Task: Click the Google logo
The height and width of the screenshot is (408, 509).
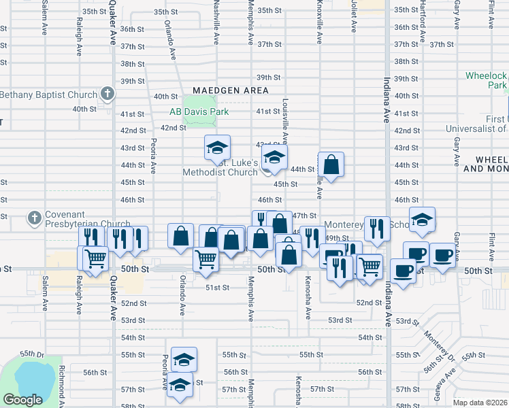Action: [22, 400]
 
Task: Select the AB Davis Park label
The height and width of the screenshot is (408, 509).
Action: [198, 112]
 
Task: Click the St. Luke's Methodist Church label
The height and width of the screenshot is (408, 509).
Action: [220, 167]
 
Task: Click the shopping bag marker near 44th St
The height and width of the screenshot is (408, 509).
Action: [331, 165]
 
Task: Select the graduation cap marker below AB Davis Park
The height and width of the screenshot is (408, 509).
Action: [218, 148]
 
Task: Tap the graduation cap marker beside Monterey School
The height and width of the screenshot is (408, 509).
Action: [423, 219]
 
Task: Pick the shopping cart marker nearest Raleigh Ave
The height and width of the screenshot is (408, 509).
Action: [96, 258]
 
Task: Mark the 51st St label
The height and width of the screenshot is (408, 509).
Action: [216, 288]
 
